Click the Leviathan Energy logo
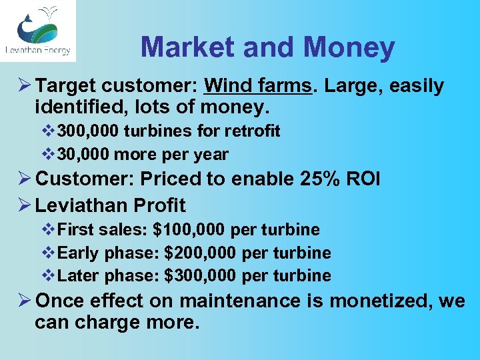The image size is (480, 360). point(37,31)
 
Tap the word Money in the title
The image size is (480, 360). point(349,47)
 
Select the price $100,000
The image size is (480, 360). point(189,230)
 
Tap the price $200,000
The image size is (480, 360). point(201,253)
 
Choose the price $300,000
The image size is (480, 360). point(201,276)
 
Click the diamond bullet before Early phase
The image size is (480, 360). point(49,253)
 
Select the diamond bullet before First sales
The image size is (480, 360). point(49,230)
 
